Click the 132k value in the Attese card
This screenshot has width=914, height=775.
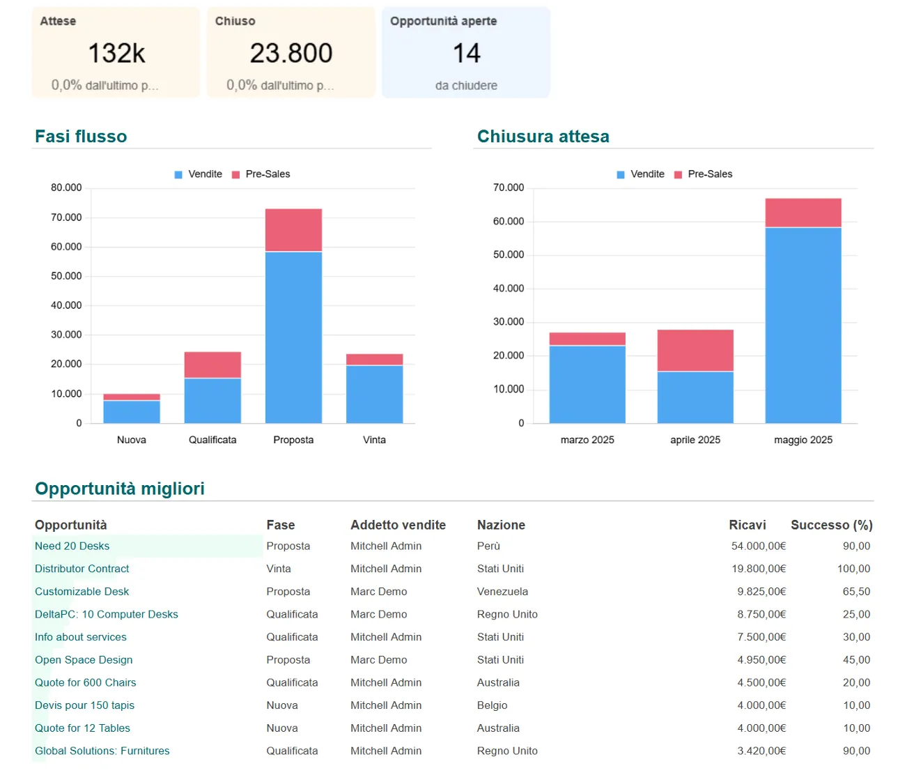pos(116,53)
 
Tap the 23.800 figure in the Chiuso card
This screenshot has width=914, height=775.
pos(291,53)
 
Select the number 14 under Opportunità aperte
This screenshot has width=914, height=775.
pos(466,53)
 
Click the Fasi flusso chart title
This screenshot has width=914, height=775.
pos(81,136)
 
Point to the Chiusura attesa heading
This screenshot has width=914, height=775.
pos(543,136)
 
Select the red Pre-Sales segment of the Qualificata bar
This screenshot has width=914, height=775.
pos(212,365)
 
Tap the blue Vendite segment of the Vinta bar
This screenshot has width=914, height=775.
pos(374,394)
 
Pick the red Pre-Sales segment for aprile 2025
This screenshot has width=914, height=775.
pos(695,351)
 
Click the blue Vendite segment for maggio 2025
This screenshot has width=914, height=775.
pos(803,325)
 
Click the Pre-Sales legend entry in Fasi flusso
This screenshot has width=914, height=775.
pos(261,174)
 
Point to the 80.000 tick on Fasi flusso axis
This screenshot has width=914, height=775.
pos(66,187)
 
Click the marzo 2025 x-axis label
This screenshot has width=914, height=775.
pos(587,440)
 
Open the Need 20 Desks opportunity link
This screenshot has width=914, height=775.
pos(72,546)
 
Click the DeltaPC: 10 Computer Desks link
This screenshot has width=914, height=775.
pos(107,614)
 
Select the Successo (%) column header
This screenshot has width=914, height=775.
pos(831,525)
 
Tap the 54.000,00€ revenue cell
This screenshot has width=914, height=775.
pos(758,546)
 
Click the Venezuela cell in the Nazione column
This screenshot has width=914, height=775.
pos(502,591)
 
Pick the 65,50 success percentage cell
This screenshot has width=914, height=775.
pos(856,591)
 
